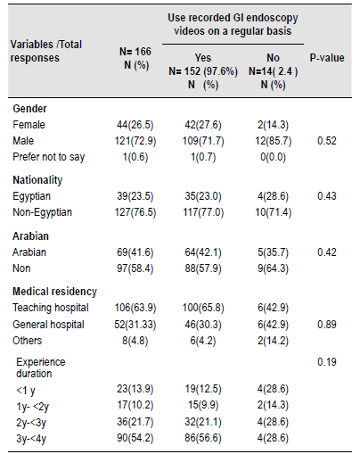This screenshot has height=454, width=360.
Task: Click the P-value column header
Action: pos(327,58)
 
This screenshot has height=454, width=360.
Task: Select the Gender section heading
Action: pos(29,109)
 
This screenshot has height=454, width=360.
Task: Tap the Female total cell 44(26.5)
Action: pos(135,125)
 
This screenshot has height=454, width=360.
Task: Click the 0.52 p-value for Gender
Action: pos(327,141)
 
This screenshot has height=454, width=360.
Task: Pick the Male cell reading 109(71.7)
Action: pos(203,141)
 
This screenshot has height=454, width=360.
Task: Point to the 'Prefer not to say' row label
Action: pos(49,157)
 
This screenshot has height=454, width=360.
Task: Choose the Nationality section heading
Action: pos(37,180)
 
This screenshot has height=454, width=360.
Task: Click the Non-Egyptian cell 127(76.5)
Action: pos(135,212)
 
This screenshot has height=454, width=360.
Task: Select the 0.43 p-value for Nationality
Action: pos(327,196)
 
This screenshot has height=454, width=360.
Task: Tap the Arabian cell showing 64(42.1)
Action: pos(203,252)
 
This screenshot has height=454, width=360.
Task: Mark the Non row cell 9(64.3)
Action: pos(273,268)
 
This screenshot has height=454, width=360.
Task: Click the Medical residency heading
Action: pos(54,292)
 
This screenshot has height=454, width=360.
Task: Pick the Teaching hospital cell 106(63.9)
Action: pos(135,308)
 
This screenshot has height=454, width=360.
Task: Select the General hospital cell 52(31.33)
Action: pos(135,325)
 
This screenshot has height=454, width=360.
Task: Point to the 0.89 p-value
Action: pos(327,325)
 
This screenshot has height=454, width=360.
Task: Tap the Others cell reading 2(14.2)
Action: pos(273,341)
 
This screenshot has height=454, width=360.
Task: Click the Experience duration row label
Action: pos(41,367)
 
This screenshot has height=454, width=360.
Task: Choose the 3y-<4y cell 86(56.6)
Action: pos(203,438)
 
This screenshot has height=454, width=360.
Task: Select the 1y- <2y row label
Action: pos(32,407)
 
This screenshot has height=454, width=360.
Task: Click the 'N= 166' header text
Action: pos(135,52)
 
